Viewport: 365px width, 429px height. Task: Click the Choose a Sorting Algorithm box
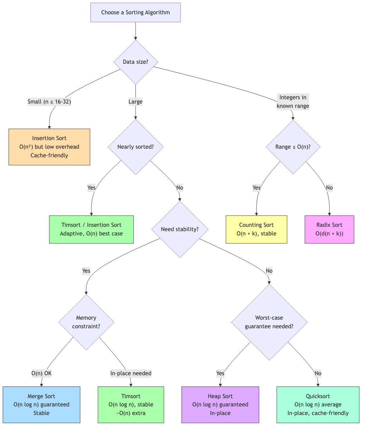click(x=136, y=13)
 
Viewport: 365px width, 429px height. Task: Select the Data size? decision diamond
click(x=136, y=62)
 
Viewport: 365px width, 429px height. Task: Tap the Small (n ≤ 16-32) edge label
click(x=49, y=102)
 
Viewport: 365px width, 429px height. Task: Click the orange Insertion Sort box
click(x=49, y=147)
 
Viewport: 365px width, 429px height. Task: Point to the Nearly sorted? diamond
click(x=136, y=147)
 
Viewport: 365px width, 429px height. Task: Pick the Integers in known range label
click(x=293, y=102)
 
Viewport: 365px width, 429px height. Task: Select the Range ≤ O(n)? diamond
click(x=293, y=147)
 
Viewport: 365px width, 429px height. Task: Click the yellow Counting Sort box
click(x=256, y=229)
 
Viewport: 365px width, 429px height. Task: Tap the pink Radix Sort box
click(x=329, y=229)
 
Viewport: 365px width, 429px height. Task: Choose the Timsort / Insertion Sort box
click(x=91, y=229)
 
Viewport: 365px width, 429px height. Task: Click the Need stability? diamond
click(x=180, y=229)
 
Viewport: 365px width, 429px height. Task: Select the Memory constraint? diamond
click(x=86, y=322)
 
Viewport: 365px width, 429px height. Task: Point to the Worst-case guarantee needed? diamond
click(x=269, y=322)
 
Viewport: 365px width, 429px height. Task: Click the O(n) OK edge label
click(x=42, y=373)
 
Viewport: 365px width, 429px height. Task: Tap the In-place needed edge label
click(x=131, y=373)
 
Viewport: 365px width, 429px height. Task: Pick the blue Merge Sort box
click(x=41, y=405)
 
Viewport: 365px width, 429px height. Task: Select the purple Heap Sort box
click(x=220, y=405)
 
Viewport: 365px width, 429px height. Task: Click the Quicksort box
click(x=318, y=405)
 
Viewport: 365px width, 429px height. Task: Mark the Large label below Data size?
click(x=136, y=102)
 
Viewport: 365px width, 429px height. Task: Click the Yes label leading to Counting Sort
click(x=256, y=188)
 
